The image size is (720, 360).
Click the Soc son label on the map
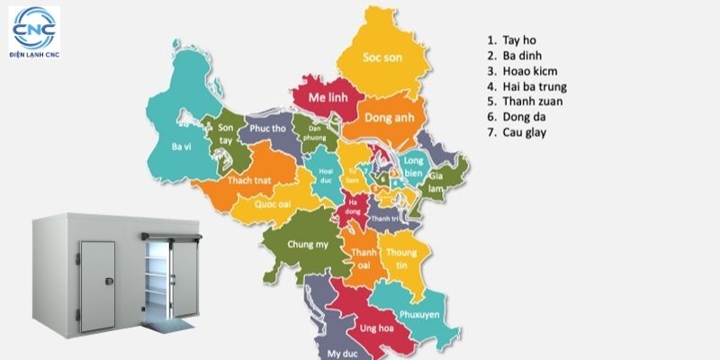(382, 57)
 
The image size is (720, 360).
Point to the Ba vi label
(181, 145)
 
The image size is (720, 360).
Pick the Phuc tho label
(266, 130)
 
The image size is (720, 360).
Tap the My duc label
(338, 353)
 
